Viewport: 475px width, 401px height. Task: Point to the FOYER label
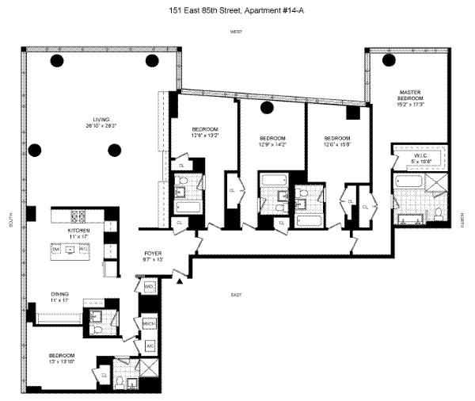[x=152, y=254]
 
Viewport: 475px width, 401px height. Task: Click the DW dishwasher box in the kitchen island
[x=56, y=248]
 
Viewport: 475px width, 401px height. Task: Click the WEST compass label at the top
[x=235, y=31]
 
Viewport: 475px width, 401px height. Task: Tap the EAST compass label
[x=235, y=295]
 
